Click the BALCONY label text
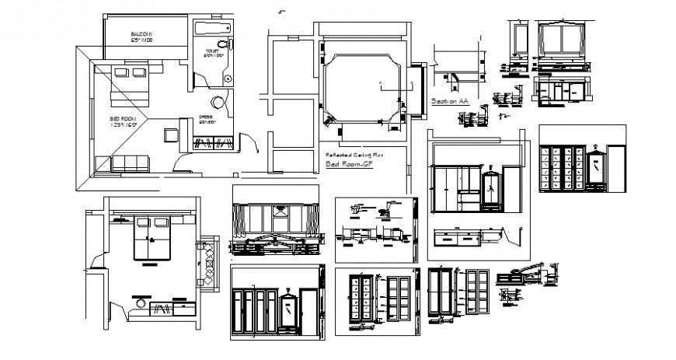tap(141, 34)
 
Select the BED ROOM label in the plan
tap(124, 121)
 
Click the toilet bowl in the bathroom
tap(223, 44)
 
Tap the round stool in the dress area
tap(218, 102)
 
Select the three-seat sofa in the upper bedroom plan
tap(130, 163)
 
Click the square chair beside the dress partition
tap(169, 134)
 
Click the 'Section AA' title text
tap(450, 102)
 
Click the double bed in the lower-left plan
tap(151, 237)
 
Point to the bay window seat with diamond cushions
tap(207, 264)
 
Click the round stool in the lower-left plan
tap(141, 298)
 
